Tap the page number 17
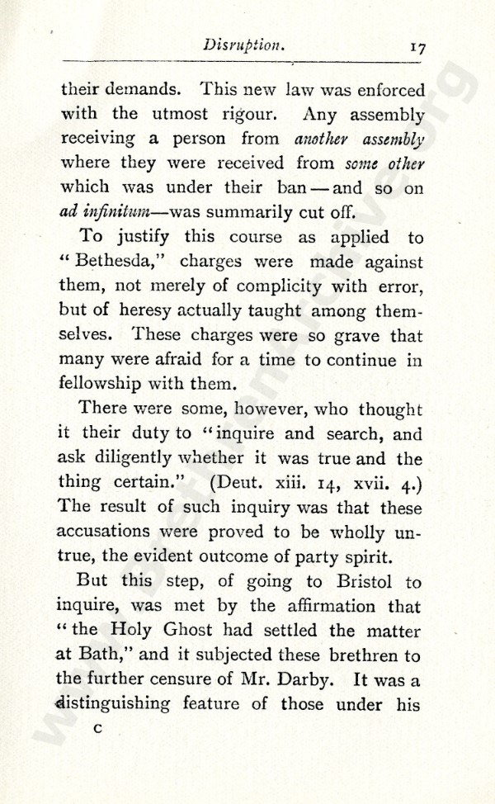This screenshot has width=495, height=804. point(416,48)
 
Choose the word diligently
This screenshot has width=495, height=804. point(139,457)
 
